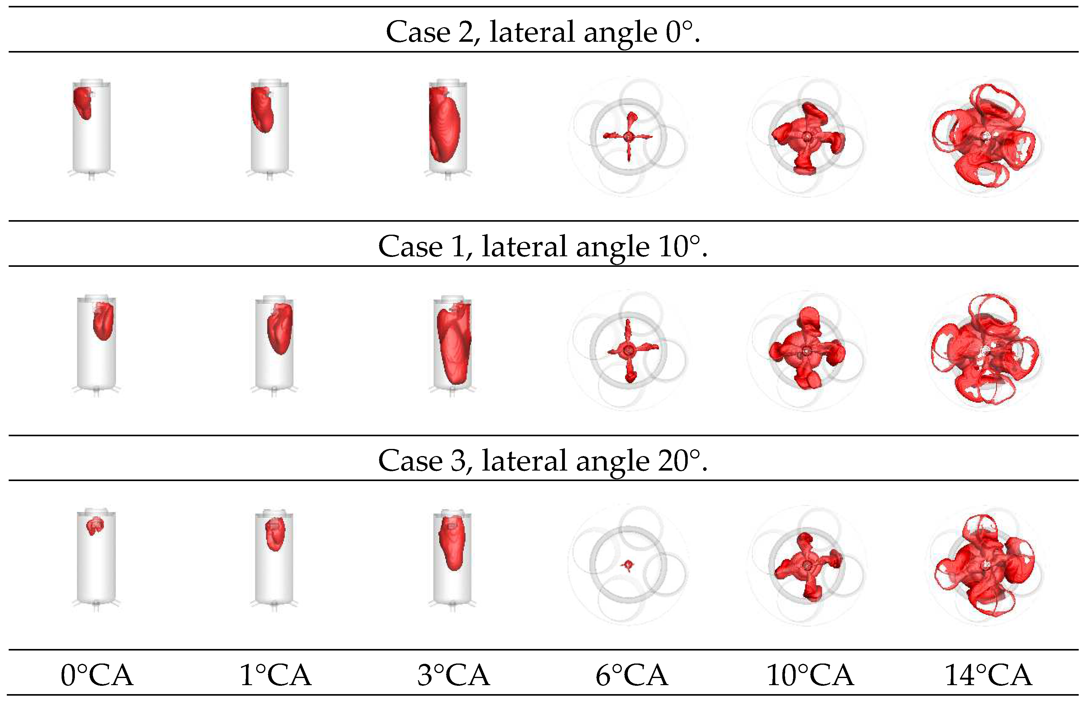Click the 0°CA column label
pyautogui.click(x=97, y=675)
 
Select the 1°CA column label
pyautogui.click(x=275, y=675)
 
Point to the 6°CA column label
pyautogui.click(x=631, y=675)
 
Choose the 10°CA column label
pyautogui.click(x=810, y=675)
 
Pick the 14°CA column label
pyautogui.click(x=988, y=675)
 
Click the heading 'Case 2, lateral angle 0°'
pyautogui.click(x=543, y=32)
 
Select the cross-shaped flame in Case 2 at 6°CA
pyautogui.click(x=629, y=136)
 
